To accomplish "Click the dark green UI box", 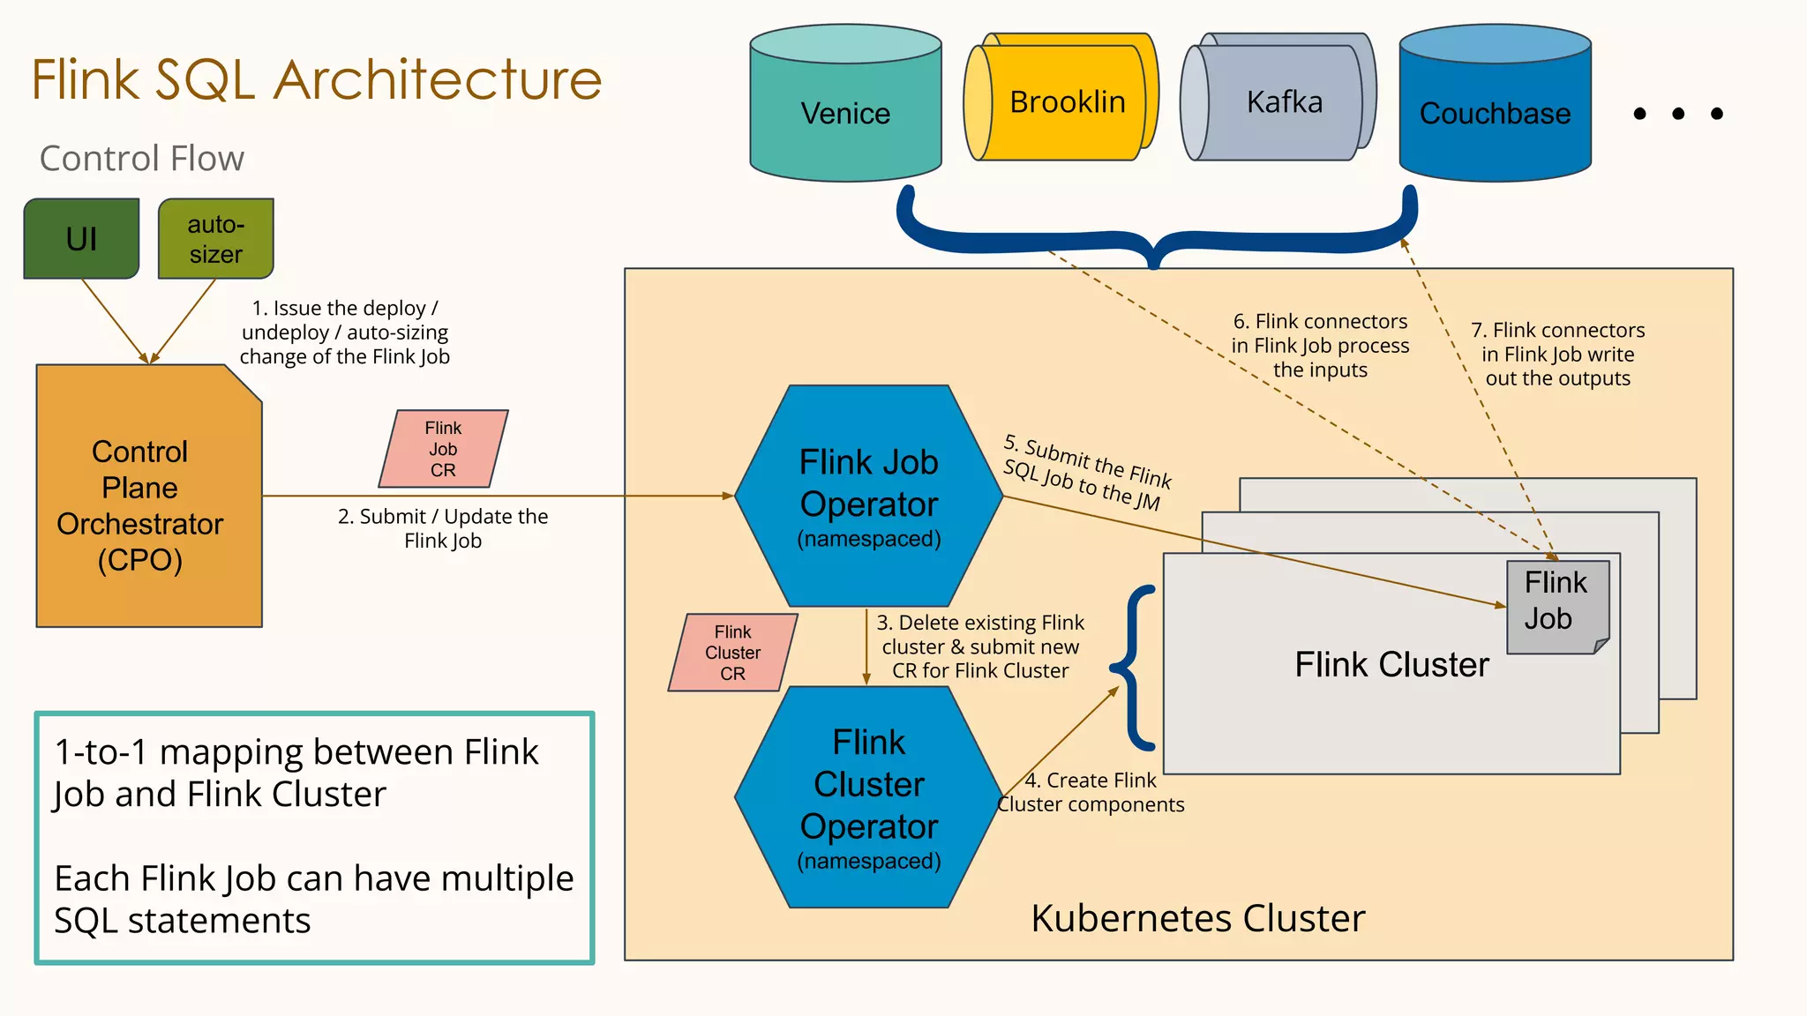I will [81, 239].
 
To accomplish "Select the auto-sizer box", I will [215, 239].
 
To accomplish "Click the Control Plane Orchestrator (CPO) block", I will [140, 505].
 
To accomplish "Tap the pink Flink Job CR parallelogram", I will [443, 449].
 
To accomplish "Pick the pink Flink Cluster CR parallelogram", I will [732, 653].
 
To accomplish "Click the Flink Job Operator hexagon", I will [868, 496].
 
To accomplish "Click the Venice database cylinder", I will [845, 113].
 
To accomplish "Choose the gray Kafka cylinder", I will [1284, 102].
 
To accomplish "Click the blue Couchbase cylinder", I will [1495, 113].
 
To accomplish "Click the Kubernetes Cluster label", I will [1197, 918].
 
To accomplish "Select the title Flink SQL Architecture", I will [316, 79].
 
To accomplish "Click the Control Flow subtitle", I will [141, 159].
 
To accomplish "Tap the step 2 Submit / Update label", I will [443, 528].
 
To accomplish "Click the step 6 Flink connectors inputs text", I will [1320, 346].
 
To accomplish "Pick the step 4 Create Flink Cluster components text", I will [1091, 792].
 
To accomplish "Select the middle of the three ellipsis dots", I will [1678, 114].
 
